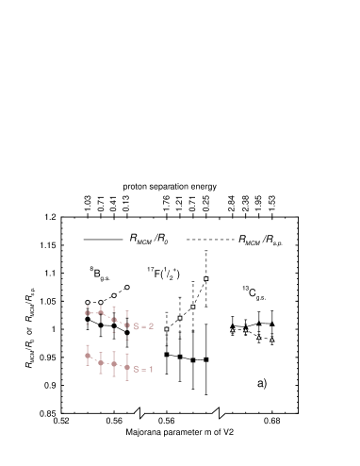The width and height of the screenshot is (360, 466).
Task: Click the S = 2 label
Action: coord(143,325)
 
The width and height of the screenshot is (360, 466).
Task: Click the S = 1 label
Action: coord(143,369)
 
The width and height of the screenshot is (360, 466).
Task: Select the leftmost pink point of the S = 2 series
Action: coord(88,313)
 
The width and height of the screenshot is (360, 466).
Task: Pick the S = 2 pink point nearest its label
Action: coord(127,325)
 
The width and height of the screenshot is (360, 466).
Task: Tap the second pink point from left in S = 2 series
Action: coord(101,313)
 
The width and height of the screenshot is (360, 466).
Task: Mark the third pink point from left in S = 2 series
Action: coord(114,320)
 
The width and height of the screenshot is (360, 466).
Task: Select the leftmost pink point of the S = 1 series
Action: coord(88,356)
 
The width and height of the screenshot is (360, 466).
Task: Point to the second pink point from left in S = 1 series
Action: coord(101,362)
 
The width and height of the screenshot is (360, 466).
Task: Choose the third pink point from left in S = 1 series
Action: coord(114,363)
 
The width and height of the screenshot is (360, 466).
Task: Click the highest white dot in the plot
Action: coord(206,278)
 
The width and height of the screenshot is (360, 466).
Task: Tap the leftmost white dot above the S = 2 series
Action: coord(88,303)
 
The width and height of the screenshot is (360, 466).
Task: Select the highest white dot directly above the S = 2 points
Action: coord(127,287)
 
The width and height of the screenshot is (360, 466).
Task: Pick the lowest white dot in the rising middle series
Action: coord(167,329)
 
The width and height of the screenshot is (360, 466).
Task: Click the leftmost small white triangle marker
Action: coord(233,330)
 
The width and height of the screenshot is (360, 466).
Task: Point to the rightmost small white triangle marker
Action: coord(272,340)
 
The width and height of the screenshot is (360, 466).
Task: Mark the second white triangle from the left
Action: coord(246,330)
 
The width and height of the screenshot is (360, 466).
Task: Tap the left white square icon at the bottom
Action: coord(139,411)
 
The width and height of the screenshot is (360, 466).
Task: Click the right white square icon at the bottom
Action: coord(219,410)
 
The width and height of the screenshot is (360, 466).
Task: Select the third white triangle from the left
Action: coord(259,338)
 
